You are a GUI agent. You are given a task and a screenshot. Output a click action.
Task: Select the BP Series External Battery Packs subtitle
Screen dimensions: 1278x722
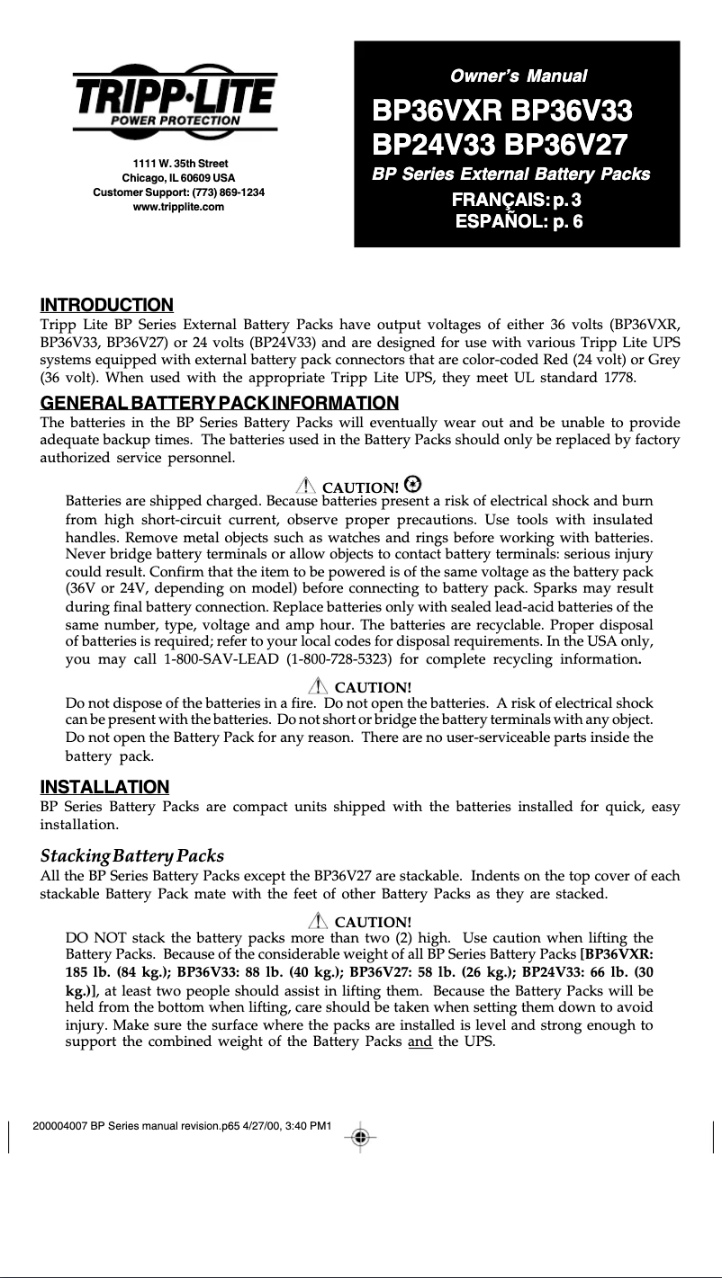511,174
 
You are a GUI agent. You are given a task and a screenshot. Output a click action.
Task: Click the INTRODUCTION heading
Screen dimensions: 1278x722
107,306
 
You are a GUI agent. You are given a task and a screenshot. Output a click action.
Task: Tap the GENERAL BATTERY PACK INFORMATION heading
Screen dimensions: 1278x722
220,402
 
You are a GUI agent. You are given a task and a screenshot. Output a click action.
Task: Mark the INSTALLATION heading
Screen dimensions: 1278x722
104,788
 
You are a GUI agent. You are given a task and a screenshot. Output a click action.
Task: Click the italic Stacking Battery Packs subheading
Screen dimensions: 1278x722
132,854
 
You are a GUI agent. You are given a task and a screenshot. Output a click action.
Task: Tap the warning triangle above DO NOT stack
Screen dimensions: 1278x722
317,920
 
